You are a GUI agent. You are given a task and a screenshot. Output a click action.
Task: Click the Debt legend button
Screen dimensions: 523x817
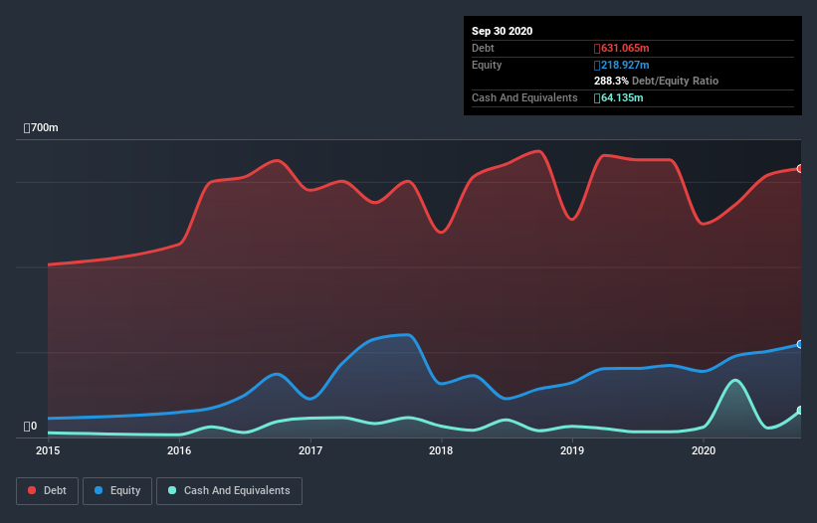[46, 490]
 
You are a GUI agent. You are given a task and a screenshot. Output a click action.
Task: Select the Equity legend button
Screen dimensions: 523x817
[117, 490]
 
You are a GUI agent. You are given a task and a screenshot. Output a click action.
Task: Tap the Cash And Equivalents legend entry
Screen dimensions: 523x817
[229, 490]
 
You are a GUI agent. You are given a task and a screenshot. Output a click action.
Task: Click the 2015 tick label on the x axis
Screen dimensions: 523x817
[48, 451]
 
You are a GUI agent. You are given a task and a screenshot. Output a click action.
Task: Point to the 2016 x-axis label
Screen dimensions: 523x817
[179, 451]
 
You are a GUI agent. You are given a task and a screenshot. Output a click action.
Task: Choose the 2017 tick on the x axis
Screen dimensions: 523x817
[310, 451]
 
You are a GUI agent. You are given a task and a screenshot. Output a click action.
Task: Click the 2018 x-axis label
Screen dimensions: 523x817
[441, 451]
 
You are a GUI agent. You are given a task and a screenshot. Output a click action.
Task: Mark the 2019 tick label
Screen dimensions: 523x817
[572, 451]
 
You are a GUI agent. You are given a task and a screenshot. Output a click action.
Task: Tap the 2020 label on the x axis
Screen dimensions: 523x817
[704, 451]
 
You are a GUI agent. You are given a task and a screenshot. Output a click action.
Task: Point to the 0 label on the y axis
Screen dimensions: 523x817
[31, 427]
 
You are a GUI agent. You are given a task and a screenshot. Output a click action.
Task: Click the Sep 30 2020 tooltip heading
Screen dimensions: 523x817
[502, 31]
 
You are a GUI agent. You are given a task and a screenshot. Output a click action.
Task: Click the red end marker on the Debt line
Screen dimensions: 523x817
[800, 169]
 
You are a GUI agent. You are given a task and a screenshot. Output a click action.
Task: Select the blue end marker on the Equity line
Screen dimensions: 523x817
[800, 344]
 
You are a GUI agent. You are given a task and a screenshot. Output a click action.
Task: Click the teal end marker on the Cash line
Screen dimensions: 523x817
[800, 411]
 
